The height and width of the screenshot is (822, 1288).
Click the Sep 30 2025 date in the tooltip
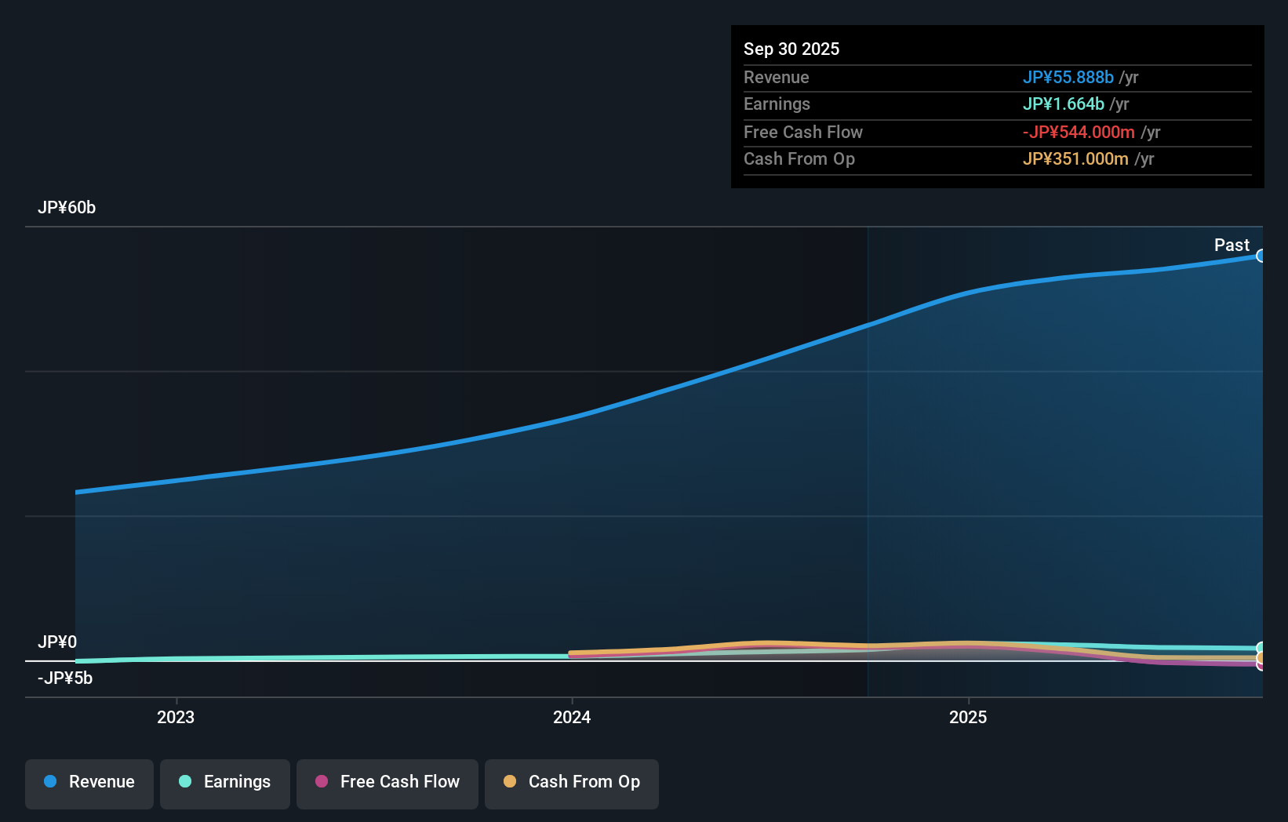tap(791, 49)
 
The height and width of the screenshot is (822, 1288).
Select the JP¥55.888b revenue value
tap(1068, 77)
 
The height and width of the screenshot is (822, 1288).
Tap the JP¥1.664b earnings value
tap(1063, 104)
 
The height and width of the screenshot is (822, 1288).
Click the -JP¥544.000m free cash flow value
tap(1078, 132)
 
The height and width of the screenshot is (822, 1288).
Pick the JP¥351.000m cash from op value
tap(1075, 158)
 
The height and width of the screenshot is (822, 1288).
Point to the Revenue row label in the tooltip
tap(776, 77)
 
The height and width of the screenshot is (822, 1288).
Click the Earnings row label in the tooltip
tap(777, 104)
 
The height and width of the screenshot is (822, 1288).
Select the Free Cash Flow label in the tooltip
tap(802, 132)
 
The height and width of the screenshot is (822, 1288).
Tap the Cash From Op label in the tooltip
tap(799, 158)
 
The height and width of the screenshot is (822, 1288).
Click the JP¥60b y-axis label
tap(67, 207)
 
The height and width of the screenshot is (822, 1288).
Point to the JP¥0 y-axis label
tap(57, 642)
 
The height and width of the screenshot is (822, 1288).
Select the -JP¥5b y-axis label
tap(65, 678)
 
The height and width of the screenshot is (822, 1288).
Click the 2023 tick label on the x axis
tap(176, 717)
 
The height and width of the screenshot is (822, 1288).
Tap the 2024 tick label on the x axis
tap(572, 717)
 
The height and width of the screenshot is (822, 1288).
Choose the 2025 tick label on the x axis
tap(968, 717)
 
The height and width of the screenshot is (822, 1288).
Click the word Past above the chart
tap(1232, 245)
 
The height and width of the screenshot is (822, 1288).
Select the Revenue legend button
tap(89, 782)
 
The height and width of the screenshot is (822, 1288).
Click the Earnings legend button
tap(225, 782)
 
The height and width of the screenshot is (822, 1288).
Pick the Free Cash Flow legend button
tap(387, 782)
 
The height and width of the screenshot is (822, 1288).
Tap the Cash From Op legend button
tap(572, 782)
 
